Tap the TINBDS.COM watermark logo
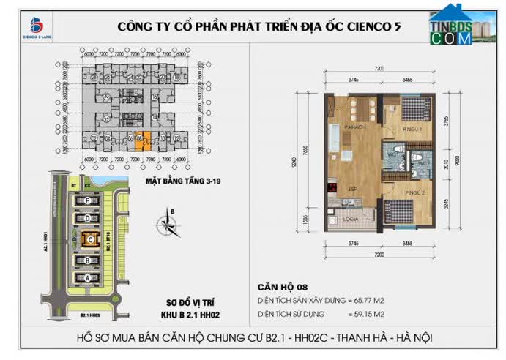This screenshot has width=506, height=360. tap(450, 26)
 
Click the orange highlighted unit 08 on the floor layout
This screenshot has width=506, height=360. tap(146, 140)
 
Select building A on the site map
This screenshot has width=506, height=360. tap(89, 277)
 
